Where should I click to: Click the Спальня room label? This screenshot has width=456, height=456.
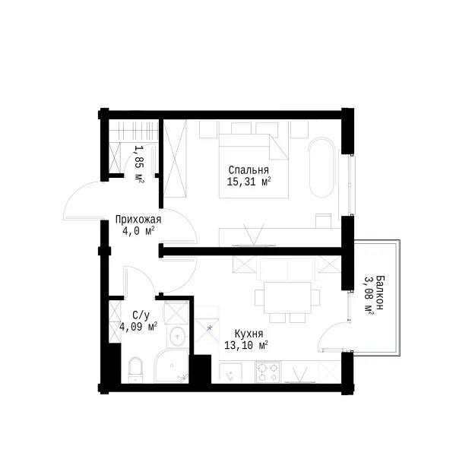249,169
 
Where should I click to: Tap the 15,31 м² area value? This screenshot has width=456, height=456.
249,182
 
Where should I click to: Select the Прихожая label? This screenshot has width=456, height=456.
138,220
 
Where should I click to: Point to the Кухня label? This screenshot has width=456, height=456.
249,334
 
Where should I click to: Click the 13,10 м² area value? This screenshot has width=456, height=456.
246,345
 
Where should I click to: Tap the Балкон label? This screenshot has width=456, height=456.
379,293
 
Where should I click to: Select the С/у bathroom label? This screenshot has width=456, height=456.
141,315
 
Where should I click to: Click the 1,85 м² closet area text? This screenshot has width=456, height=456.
139,164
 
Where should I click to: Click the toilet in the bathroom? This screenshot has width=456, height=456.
136,370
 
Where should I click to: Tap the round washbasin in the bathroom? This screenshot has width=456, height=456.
177,337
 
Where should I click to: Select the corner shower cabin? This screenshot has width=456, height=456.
171,366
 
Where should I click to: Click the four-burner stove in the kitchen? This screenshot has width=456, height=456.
268,372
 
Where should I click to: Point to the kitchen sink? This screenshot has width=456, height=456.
230,372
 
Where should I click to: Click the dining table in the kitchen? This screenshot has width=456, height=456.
287,297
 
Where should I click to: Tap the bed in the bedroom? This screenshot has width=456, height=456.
254,166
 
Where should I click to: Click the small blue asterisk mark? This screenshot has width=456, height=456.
210,328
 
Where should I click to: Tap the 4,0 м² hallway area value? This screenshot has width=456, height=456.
138,232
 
